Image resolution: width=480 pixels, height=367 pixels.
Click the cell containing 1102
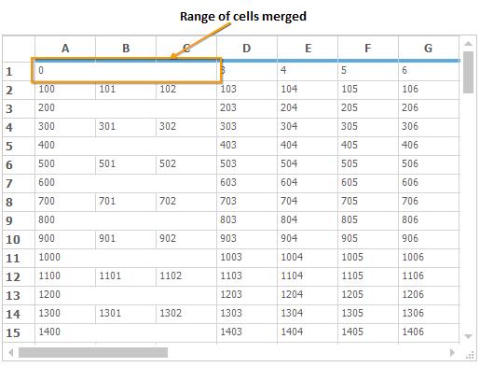click(186, 275)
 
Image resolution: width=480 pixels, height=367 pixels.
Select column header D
click(246, 48)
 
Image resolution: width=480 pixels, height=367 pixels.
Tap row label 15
click(14, 332)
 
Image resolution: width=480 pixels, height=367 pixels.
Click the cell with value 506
click(429, 163)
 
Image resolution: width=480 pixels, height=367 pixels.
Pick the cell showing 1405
click(367, 332)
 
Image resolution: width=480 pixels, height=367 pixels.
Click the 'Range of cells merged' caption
click(243, 16)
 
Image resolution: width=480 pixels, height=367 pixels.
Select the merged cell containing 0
click(126, 70)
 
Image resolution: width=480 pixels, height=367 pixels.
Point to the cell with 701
click(125, 201)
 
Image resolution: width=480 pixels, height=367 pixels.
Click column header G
click(428, 48)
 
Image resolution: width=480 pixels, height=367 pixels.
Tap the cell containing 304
click(307, 126)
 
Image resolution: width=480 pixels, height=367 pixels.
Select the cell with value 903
click(246, 238)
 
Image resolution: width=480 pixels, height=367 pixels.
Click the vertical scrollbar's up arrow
click(468, 46)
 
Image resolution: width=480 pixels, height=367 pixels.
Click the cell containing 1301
click(125, 313)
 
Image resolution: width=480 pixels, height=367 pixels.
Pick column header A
click(65, 48)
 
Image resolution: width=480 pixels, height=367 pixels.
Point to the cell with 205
click(367, 107)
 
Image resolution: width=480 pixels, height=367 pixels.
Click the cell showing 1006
click(429, 257)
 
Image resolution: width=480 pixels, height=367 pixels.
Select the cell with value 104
click(307, 89)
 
